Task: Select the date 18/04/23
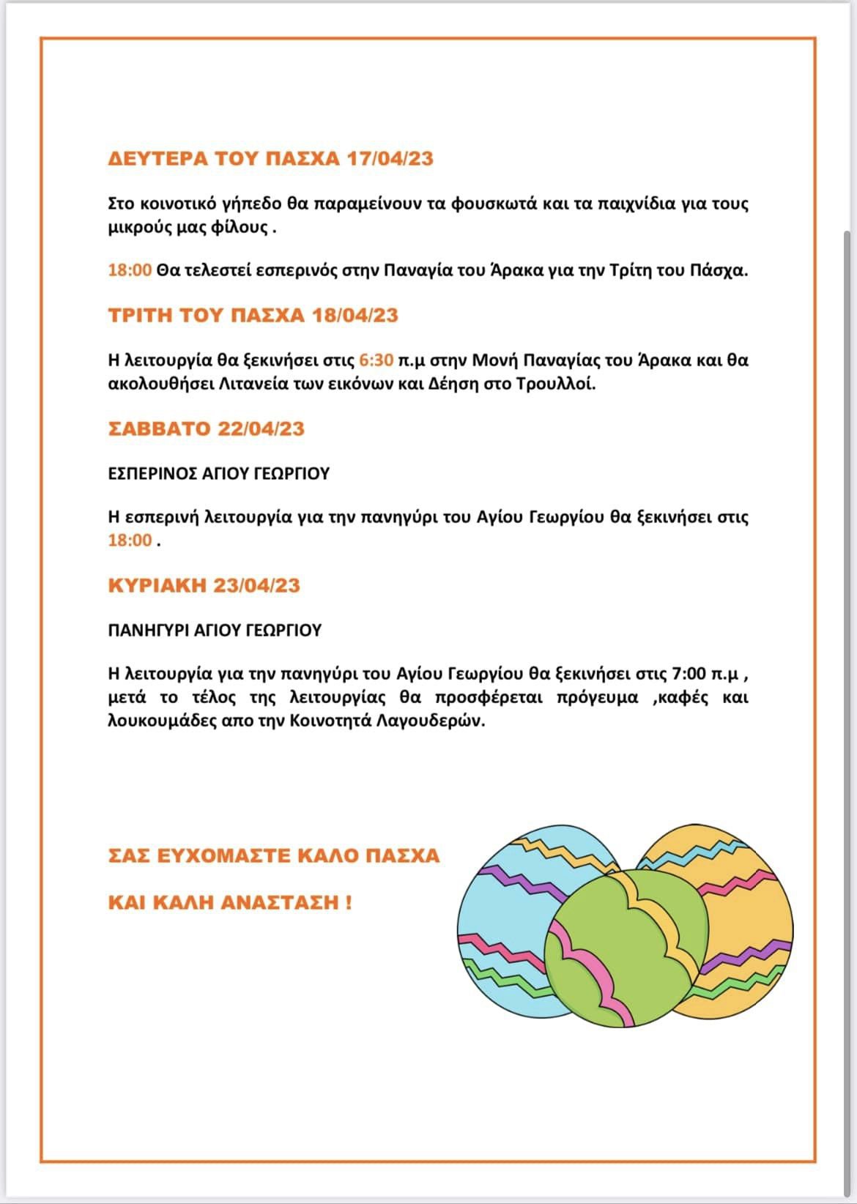coord(355,315)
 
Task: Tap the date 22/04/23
coord(261,428)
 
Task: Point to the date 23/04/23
coord(256,585)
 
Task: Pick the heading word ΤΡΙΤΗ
coord(140,315)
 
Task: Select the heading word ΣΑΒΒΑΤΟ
coord(159,428)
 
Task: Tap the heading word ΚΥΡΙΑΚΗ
coord(157,585)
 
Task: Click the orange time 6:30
coord(376,360)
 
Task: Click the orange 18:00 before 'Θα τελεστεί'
coord(130,270)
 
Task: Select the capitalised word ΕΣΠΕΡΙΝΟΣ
coord(151,474)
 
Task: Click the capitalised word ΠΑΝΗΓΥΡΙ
coord(149,631)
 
